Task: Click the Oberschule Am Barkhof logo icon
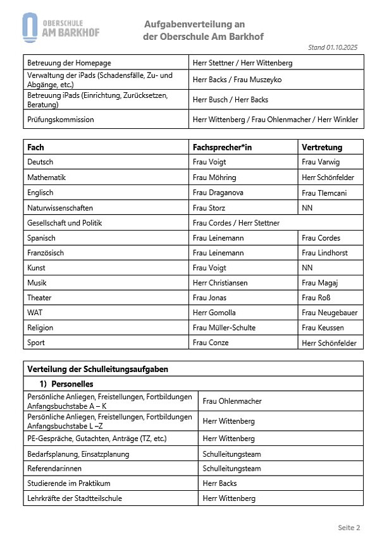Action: [x=30, y=28]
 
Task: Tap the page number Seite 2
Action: [x=348, y=527]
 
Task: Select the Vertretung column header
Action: [x=321, y=147]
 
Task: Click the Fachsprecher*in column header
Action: [x=222, y=147]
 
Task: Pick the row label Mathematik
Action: [x=46, y=178]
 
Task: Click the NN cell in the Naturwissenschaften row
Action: [x=307, y=208]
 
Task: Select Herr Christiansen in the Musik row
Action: [x=220, y=283]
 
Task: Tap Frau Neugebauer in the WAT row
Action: [x=328, y=313]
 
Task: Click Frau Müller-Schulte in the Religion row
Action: [x=224, y=328]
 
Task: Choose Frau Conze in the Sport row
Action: [x=211, y=343]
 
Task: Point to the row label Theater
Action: [x=39, y=298]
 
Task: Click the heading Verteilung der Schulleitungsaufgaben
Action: [x=97, y=369]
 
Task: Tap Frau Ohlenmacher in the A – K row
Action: [x=231, y=401]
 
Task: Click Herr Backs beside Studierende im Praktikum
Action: [x=219, y=483]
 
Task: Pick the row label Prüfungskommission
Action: [x=60, y=119]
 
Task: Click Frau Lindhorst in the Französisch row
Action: [x=324, y=253]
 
